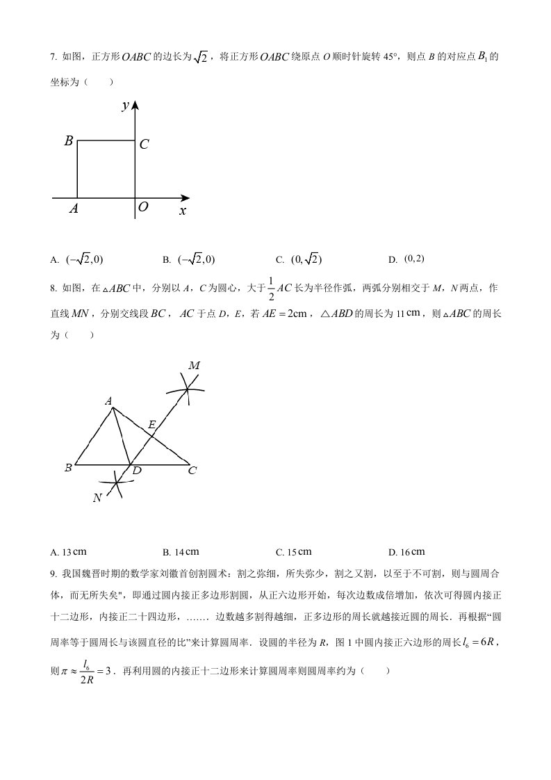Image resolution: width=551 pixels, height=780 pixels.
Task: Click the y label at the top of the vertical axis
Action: tap(126, 105)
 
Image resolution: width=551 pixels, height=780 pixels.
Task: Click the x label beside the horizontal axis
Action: tap(183, 210)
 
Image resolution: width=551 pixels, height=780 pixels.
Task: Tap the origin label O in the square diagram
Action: tap(143, 207)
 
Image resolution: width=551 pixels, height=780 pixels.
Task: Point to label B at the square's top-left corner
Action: tap(69, 141)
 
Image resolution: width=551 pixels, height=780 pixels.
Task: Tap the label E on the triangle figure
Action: tap(151, 423)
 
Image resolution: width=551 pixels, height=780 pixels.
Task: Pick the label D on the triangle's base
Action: tap(137, 471)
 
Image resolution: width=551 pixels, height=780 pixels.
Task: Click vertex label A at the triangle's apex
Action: tap(108, 400)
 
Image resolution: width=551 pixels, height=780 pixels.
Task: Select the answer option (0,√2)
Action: tap(306, 259)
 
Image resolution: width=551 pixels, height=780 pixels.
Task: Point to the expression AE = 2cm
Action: tap(279, 314)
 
